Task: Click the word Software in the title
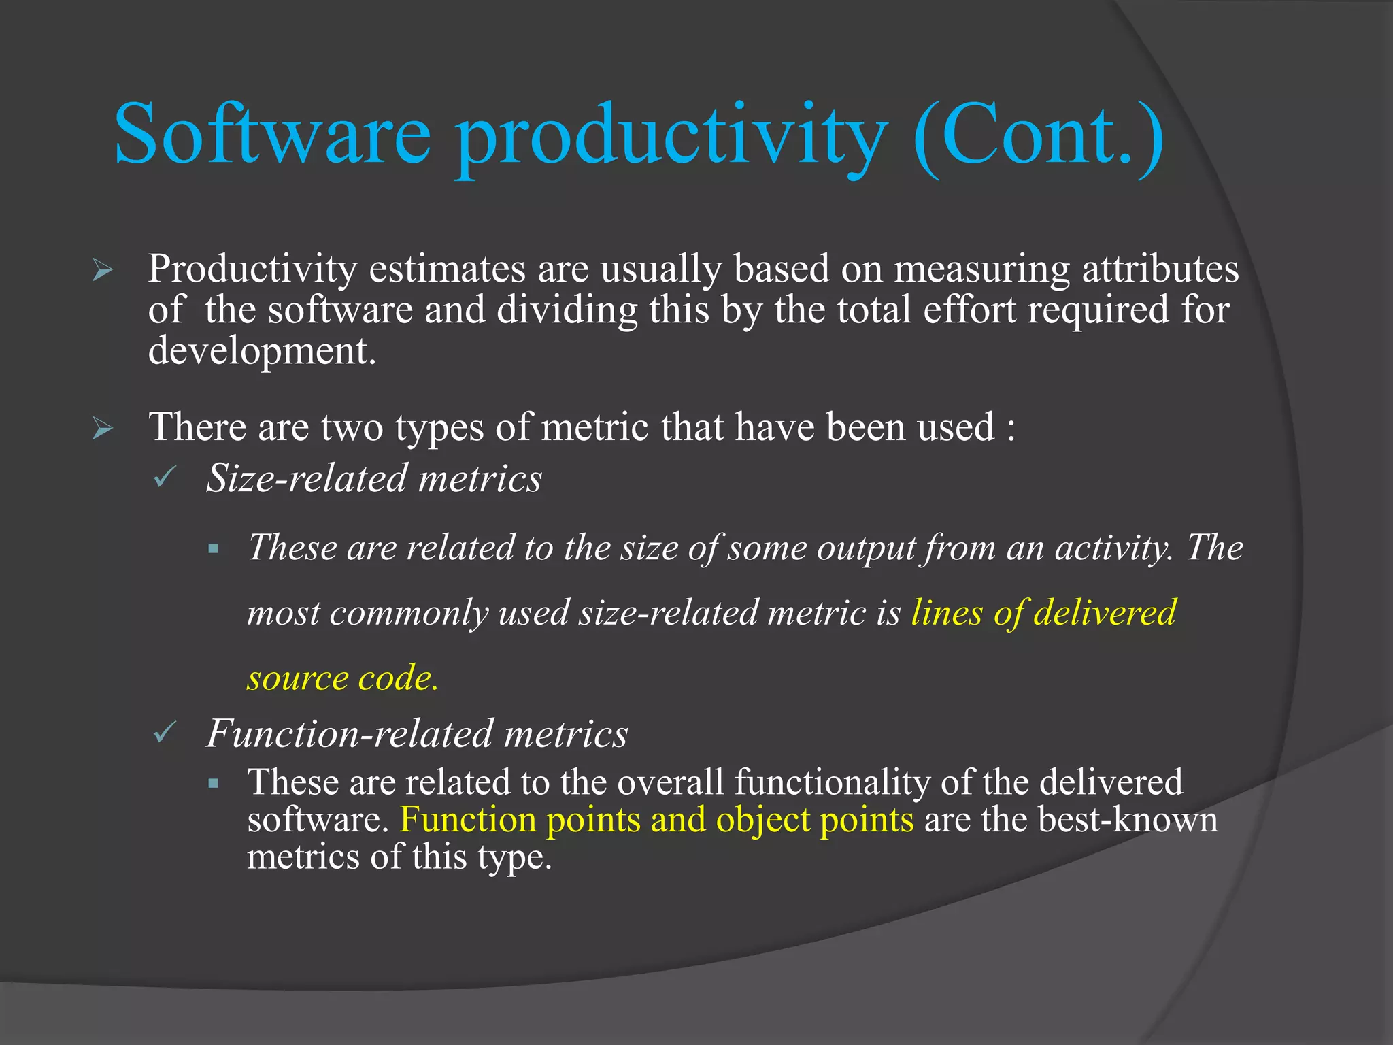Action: pos(272,134)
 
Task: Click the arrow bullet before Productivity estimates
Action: pos(103,271)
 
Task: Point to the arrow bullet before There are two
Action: pos(103,429)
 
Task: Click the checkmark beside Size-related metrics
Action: pos(165,478)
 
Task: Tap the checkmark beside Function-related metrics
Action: pos(165,733)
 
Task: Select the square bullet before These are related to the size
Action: pos(214,548)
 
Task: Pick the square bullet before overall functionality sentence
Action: pos(214,783)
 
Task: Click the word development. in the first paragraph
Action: pos(262,352)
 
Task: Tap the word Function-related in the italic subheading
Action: pos(350,733)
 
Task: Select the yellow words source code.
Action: pos(342,678)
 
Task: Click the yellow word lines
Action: pos(946,612)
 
